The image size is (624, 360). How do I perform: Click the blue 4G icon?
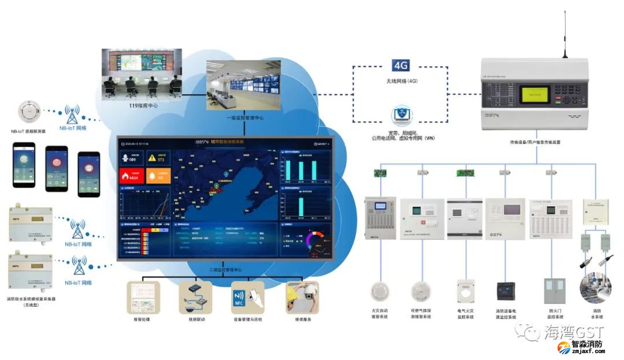(x=400, y=65)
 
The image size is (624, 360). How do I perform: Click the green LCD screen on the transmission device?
(x=533, y=94)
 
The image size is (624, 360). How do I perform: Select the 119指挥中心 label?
(x=143, y=106)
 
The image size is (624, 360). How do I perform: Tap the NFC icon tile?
(x=247, y=297)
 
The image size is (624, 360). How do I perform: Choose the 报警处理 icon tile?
(x=143, y=297)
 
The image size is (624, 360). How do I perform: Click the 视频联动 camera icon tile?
(x=195, y=297)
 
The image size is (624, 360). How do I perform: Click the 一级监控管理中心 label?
(x=244, y=117)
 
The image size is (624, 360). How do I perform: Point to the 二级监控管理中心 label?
(x=225, y=270)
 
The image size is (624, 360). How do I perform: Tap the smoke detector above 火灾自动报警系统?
(x=380, y=292)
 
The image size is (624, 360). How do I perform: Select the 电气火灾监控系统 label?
(x=466, y=313)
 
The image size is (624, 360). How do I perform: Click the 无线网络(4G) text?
(x=401, y=81)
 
